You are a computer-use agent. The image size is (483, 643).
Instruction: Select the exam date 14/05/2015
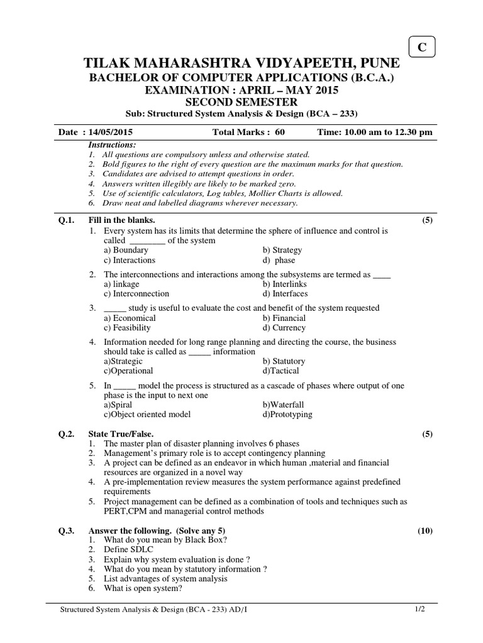click(x=108, y=132)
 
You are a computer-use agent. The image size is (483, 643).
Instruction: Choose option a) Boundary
click(x=126, y=250)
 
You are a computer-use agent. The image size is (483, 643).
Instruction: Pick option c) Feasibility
click(x=127, y=328)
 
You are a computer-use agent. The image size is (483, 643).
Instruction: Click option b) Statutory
click(x=284, y=362)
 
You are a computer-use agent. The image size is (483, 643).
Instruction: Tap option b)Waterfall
click(x=283, y=405)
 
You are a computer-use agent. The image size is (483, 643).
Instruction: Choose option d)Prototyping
click(x=287, y=414)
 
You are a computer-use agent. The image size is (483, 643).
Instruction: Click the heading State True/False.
click(x=121, y=434)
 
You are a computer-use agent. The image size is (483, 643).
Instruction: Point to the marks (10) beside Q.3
click(x=425, y=531)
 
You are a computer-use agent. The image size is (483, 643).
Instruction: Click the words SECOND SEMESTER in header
click(x=241, y=102)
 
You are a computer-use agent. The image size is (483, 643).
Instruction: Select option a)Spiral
click(x=118, y=405)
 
